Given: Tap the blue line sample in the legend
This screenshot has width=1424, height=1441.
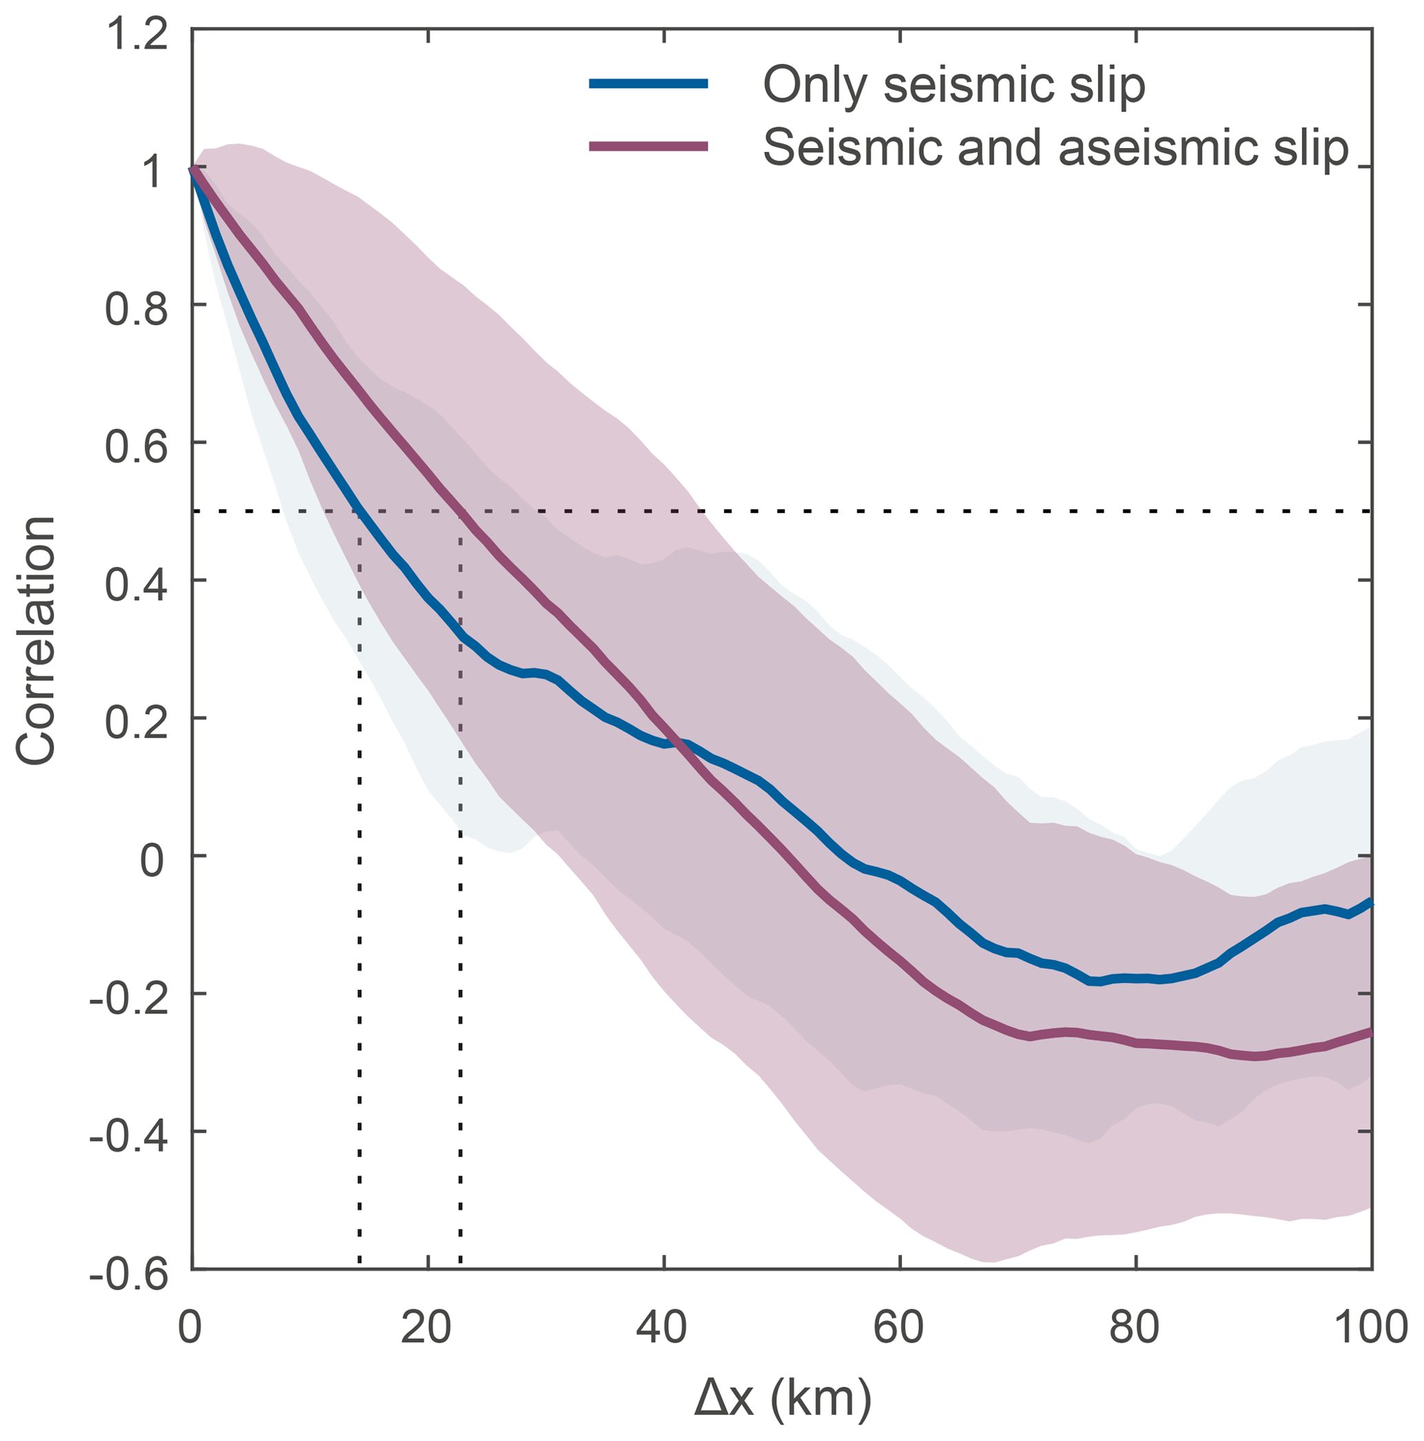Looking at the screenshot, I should click(648, 83).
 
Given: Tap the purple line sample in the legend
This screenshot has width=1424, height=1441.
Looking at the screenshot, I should click(648, 146).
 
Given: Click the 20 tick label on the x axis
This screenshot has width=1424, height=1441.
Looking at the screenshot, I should click(427, 1327).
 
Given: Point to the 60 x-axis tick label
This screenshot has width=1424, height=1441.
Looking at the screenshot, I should click(900, 1327).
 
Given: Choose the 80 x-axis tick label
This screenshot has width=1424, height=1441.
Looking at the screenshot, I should click(1135, 1327).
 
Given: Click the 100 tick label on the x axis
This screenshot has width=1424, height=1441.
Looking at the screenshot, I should click(1370, 1327).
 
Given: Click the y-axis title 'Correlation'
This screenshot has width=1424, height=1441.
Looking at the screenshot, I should click(36, 641).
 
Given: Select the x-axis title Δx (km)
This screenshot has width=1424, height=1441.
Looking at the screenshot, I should click(783, 1398).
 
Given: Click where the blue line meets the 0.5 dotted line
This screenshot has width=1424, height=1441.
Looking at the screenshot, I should click(360, 511).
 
